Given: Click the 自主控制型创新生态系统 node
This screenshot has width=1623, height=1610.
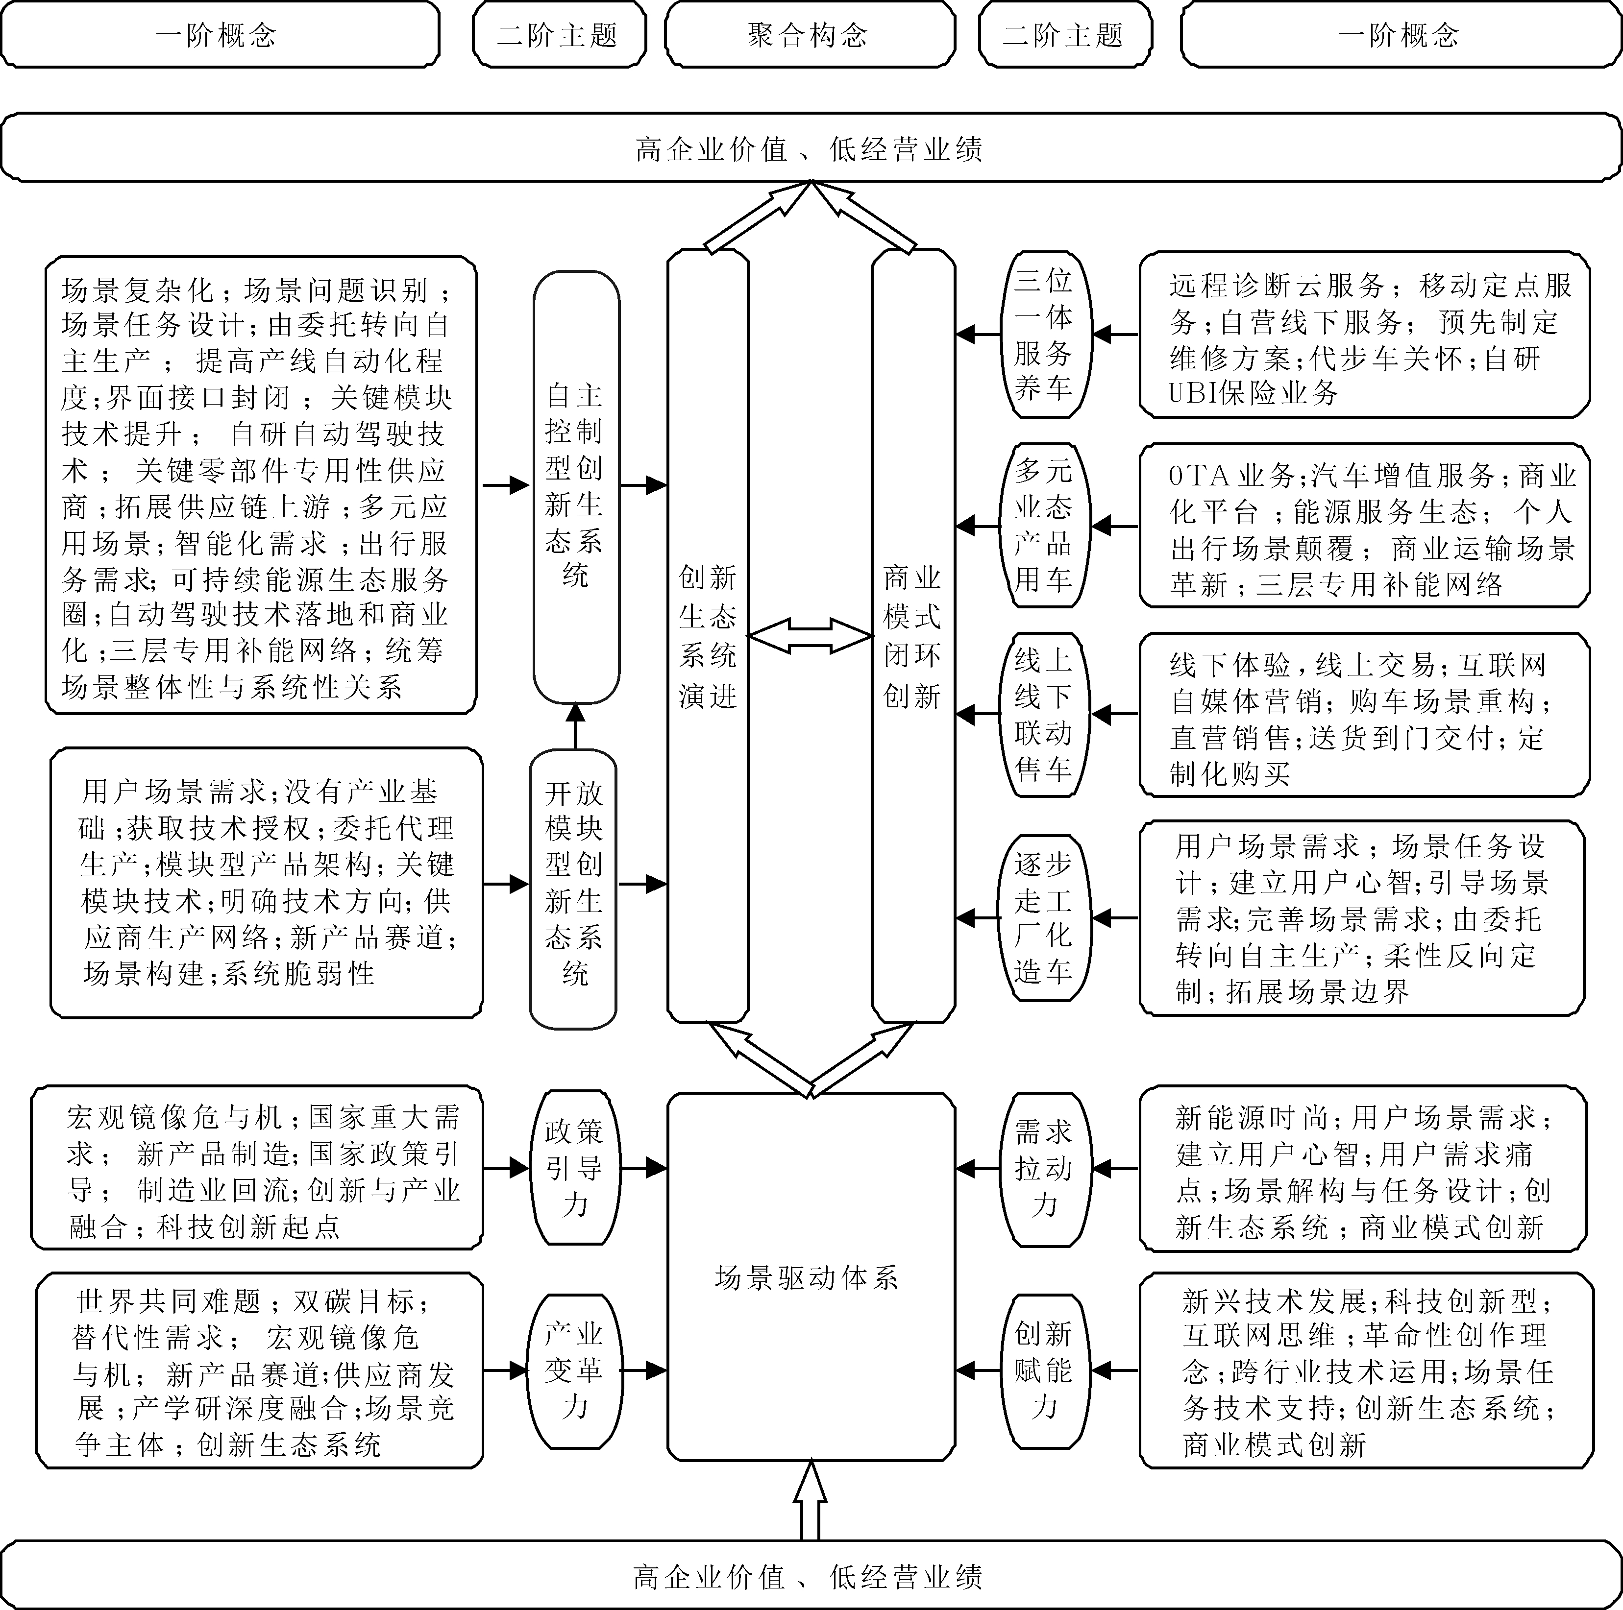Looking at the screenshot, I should tap(575, 485).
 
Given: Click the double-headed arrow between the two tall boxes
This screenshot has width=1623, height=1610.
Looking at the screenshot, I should tap(810, 636).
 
